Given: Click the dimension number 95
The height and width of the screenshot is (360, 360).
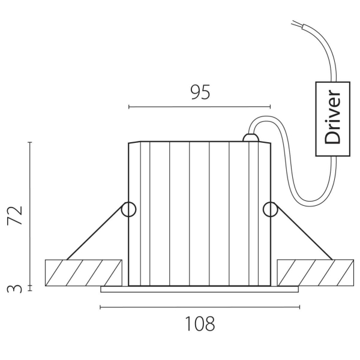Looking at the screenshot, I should (200, 92).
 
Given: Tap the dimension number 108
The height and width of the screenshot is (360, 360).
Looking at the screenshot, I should (200, 324).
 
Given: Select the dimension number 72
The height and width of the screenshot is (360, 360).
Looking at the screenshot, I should (17, 215).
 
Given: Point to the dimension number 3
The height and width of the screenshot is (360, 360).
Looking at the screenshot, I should (17, 289).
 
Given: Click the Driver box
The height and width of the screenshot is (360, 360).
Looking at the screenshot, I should (332, 119).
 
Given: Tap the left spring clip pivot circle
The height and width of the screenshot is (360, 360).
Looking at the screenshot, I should (129, 209).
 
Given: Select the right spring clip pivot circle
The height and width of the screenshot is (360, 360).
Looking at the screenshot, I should (270, 209).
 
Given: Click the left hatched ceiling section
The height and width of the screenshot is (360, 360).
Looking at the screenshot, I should (83, 272).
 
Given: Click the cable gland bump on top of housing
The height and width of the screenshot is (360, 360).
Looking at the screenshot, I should (250, 139).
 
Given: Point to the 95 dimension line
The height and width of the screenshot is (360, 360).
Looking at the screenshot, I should (200, 107).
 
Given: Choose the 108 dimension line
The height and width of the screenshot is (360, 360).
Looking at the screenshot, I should (200, 307).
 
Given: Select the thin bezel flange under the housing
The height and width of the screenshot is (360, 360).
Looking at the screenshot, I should (200, 289).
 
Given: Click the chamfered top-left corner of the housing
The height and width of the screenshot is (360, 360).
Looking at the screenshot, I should (134, 143).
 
